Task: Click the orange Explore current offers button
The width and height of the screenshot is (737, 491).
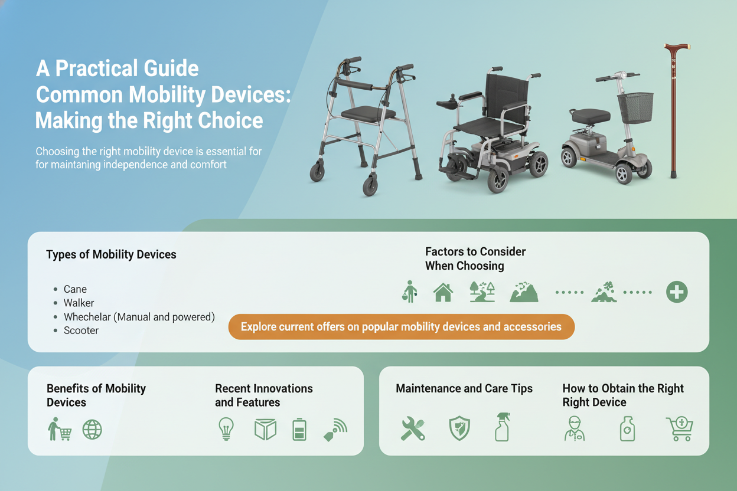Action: click(402, 326)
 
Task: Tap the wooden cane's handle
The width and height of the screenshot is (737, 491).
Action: click(677, 48)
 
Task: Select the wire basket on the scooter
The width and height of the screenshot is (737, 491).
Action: click(635, 107)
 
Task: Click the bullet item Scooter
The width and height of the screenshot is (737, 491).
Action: click(81, 330)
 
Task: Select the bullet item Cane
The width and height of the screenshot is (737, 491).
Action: click(75, 289)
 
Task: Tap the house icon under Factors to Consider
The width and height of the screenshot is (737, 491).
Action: click(443, 292)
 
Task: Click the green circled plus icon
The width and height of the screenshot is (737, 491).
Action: click(677, 292)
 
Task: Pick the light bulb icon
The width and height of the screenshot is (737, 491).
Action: click(226, 429)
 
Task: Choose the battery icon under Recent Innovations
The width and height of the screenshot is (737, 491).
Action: click(299, 429)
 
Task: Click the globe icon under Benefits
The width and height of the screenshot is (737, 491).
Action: click(92, 430)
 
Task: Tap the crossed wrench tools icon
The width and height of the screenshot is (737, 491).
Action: click(413, 428)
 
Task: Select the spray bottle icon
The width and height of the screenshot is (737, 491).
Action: click(503, 427)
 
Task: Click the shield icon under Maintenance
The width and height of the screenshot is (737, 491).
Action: click(459, 428)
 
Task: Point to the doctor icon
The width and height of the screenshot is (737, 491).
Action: click(575, 428)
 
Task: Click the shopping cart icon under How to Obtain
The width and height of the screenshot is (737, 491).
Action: click(680, 428)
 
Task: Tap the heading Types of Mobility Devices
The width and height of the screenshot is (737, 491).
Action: click(111, 254)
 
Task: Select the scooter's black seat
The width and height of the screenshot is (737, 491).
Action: click(591, 116)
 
